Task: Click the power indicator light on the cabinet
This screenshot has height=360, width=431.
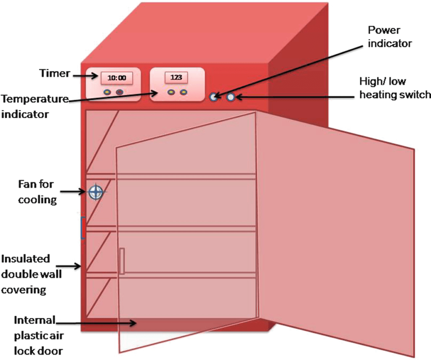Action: pos(214,97)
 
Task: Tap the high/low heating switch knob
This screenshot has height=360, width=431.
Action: pos(231,97)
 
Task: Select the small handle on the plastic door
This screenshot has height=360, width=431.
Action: pos(122,261)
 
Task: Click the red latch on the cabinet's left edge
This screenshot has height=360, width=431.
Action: pos(83,228)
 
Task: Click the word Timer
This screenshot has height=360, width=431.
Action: pos(55,73)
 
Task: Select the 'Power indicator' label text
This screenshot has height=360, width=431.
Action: pos(389,37)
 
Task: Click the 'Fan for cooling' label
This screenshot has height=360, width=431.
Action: pos(37,192)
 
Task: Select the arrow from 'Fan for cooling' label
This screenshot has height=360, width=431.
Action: pos(74,192)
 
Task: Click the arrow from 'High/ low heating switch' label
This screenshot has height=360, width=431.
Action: pos(295,97)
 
